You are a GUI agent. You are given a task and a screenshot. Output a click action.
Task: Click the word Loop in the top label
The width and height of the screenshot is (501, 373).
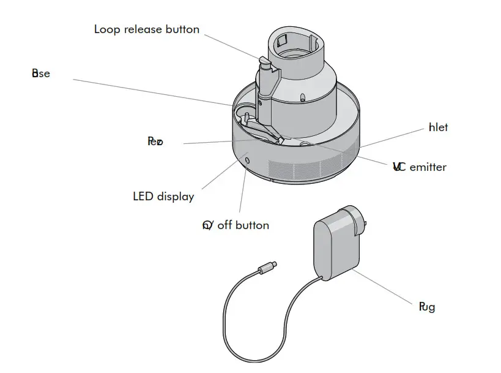107,29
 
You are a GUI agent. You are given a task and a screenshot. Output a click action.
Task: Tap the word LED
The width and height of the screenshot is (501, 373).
143,197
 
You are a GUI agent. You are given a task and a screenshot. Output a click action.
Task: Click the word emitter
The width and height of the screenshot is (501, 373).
428,167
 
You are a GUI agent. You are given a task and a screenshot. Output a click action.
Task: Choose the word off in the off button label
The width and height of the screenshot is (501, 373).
225,225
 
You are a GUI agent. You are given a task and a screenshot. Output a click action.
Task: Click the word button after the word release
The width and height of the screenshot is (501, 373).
182,29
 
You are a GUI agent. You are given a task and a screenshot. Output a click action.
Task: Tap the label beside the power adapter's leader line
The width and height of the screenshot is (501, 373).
426,307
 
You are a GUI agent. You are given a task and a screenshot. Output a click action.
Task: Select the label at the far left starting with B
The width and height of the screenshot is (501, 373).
40,73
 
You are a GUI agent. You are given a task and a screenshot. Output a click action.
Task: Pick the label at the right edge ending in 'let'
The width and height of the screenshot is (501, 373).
438,127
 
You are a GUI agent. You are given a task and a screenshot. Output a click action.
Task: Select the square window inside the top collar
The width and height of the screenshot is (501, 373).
283,42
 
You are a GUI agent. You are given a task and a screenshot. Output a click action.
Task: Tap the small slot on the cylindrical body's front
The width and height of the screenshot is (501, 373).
303,96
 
